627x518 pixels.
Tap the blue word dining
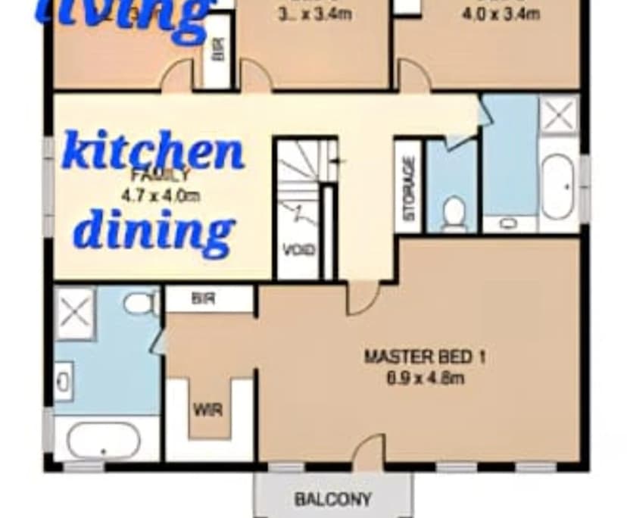(154, 229)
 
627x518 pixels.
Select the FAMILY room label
(161, 176)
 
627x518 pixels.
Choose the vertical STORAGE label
(409, 188)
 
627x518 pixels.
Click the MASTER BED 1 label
(425, 356)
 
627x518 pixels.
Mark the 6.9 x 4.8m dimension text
(425, 377)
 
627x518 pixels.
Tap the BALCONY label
(333, 499)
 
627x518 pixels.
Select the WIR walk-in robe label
(207, 410)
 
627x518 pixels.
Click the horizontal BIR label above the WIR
(204, 299)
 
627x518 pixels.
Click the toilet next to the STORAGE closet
(454, 213)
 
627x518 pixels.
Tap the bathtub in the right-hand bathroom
(559, 186)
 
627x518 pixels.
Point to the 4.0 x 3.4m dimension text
(501, 14)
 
